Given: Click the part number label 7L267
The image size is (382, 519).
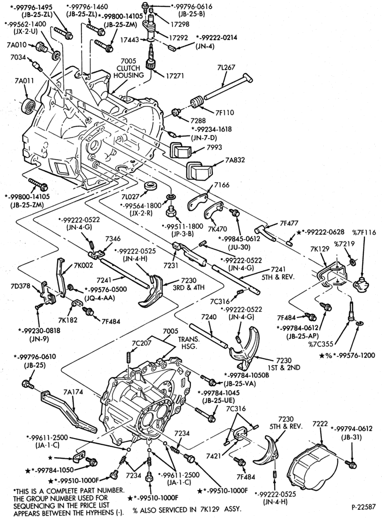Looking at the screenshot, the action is click(x=227, y=67).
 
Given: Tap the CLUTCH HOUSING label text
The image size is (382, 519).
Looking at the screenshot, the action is click(x=128, y=72).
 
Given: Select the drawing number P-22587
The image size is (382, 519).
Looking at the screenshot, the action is click(x=363, y=507).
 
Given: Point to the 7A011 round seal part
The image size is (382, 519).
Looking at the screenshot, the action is click(x=29, y=106).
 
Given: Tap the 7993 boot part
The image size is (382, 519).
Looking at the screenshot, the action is click(x=181, y=151).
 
